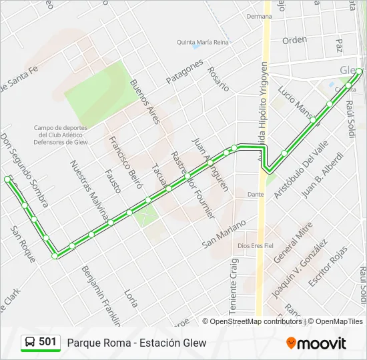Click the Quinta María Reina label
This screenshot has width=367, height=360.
tap(203, 42)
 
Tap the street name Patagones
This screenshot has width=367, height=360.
tap(184, 71)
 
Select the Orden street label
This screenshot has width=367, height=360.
tap(294, 40)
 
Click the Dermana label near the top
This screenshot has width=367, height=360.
tap(259, 17)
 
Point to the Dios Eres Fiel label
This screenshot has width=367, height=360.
tap(260, 245)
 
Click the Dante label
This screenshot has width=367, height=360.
tap(256, 195)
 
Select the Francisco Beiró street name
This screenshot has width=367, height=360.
tap(125, 163)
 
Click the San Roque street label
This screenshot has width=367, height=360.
tap(23, 244)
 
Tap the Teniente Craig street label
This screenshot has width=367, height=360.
tap(234, 286)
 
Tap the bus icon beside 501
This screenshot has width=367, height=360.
tap(30, 343)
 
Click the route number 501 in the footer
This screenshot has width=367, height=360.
tap(48, 342)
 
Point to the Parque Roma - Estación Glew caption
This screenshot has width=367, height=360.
tap(136, 343)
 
